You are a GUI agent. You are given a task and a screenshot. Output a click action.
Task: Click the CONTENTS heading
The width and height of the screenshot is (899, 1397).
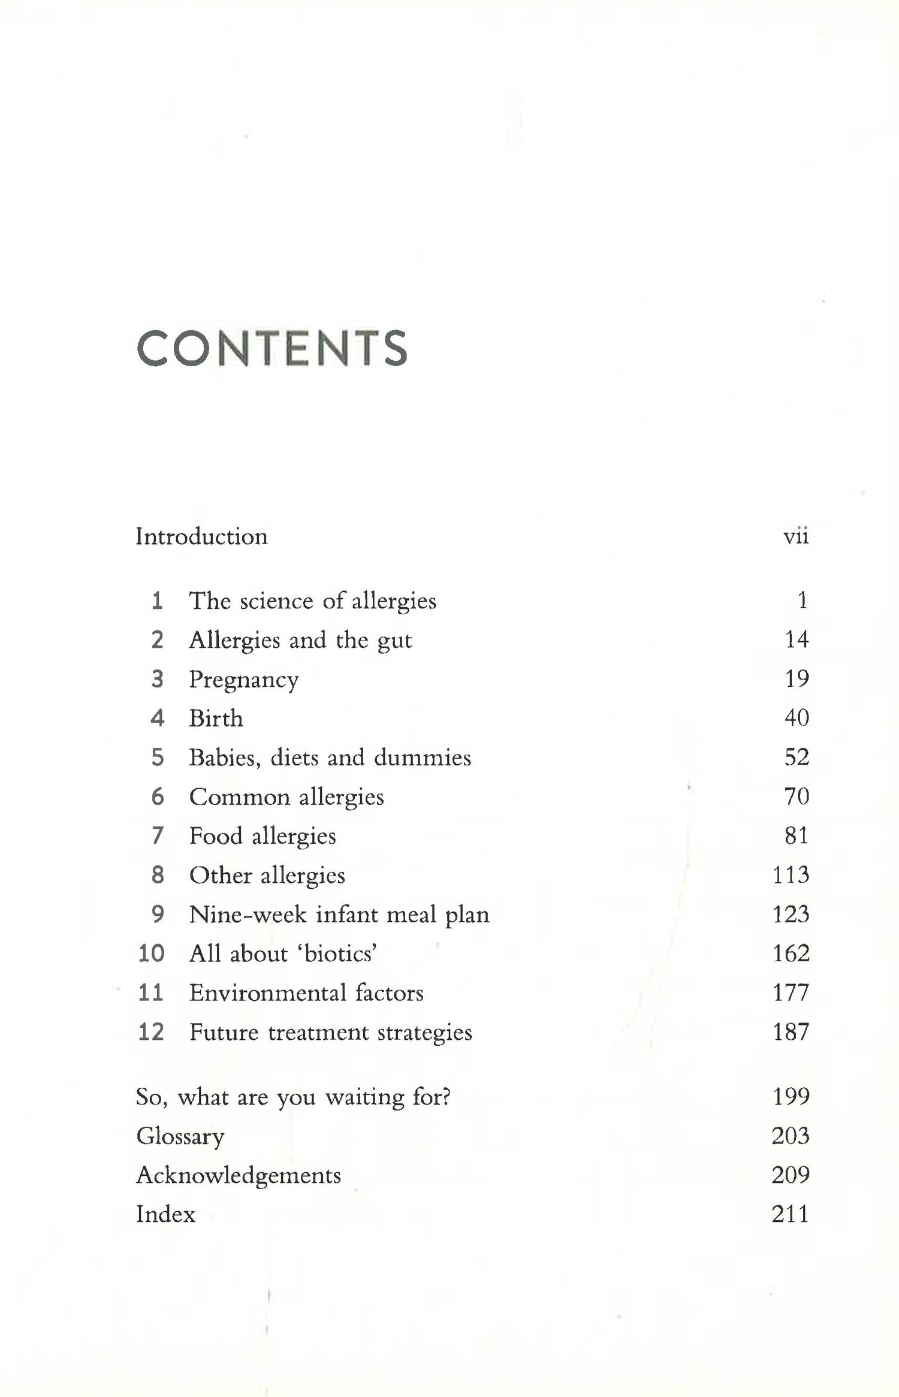[x=272, y=348]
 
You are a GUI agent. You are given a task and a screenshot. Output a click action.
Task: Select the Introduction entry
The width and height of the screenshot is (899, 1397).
[x=201, y=536]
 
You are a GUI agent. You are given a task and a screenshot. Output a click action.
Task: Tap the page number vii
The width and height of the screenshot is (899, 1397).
[x=796, y=536]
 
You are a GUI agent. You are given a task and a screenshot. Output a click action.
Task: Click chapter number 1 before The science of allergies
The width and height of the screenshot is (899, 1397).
[x=157, y=601]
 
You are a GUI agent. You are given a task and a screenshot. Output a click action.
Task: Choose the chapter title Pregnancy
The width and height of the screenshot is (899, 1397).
[x=244, y=680]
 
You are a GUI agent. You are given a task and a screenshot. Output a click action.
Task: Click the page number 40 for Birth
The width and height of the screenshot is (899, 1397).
[x=797, y=718]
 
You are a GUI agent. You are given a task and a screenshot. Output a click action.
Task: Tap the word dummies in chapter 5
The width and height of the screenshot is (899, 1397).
[x=423, y=758]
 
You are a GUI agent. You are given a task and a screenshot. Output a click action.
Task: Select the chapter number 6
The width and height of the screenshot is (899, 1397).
[x=158, y=796]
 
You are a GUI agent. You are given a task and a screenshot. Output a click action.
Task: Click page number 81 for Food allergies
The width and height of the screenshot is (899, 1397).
[x=797, y=835]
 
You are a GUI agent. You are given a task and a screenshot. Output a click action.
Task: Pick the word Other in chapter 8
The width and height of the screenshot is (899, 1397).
[x=221, y=875]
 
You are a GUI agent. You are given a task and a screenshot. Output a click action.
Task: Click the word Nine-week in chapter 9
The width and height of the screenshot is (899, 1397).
[x=248, y=915]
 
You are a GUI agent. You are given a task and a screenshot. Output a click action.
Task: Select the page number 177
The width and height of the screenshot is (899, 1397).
[x=791, y=993]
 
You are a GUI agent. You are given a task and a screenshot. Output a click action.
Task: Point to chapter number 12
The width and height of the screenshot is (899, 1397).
[x=151, y=1032]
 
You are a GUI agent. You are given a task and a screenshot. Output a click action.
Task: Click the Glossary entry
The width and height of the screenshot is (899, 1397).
[x=180, y=1137]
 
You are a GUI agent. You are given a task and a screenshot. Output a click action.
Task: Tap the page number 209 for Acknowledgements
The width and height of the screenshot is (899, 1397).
[x=791, y=1175]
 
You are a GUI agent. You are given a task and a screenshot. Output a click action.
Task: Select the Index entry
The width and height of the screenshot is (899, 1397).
[x=166, y=1214]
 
